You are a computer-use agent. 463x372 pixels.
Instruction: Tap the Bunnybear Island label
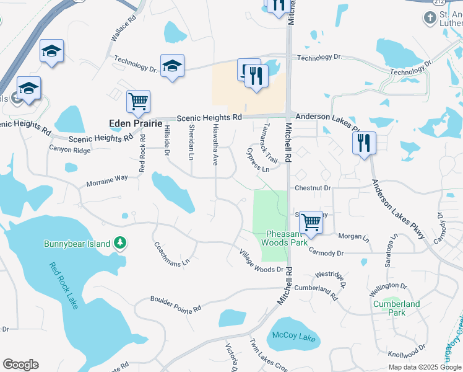(77, 244)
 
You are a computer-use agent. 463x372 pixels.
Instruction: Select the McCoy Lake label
(295, 339)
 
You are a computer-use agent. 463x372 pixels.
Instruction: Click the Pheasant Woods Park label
(287, 238)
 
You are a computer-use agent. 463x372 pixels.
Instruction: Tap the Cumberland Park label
(396, 308)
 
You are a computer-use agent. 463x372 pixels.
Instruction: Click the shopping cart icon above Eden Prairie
(138, 102)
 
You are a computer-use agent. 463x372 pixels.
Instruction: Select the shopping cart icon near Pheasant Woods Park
(310, 221)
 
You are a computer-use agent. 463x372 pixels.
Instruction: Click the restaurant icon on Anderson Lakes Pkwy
(363, 143)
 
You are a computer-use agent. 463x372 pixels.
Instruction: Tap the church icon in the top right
(431, 18)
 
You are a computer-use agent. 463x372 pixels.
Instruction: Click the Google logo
(20, 365)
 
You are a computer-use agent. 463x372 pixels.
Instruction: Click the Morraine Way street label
(107, 178)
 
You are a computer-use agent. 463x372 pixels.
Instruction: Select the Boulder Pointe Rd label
(176, 304)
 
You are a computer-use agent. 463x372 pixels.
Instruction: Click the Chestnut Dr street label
(313, 187)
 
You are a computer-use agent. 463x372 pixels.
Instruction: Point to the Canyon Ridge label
(70, 150)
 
